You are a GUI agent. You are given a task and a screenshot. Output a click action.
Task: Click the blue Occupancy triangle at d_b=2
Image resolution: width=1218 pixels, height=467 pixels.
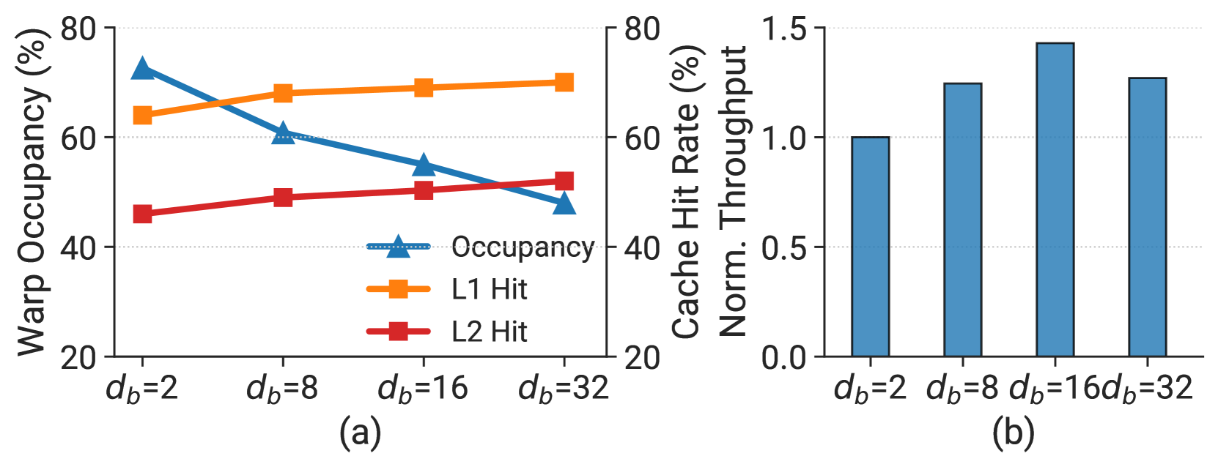tap(142, 68)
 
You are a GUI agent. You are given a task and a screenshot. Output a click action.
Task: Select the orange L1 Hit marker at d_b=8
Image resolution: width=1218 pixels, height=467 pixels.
tap(283, 93)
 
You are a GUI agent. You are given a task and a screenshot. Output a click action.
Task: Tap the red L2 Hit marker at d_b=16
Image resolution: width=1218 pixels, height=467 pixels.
tap(424, 190)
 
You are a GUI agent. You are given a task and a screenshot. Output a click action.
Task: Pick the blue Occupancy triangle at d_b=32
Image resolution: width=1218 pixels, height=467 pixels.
tap(564, 203)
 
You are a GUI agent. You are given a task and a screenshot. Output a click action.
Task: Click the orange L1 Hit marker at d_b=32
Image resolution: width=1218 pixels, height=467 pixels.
tap(564, 83)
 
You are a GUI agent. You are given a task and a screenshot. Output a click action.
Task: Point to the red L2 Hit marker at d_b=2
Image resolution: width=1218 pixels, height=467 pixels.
tap(142, 214)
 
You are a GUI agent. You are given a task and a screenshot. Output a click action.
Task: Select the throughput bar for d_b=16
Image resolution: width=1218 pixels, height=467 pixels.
tap(1055, 199)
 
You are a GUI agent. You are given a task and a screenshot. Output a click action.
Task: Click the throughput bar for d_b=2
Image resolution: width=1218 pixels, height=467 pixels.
tap(871, 247)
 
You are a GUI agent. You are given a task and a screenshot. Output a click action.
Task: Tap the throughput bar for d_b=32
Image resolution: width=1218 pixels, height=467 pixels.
tap(1148, 217)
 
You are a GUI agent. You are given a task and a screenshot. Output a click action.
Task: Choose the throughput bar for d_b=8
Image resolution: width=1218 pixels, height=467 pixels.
tap(962, 220)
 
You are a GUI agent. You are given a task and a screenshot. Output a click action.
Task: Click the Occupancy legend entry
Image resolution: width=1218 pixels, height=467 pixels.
tap(481, 247)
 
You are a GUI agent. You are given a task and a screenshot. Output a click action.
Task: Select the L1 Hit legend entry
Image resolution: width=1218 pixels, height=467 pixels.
tap(447, 289)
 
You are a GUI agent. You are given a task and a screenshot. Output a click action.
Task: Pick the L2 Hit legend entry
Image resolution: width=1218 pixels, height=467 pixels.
tap(447, 332)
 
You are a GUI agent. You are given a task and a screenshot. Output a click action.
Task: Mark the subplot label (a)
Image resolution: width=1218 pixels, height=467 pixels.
tap(360, 433)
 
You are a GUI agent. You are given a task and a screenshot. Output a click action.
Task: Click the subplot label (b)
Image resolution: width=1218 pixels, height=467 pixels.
tap(1014, 433)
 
